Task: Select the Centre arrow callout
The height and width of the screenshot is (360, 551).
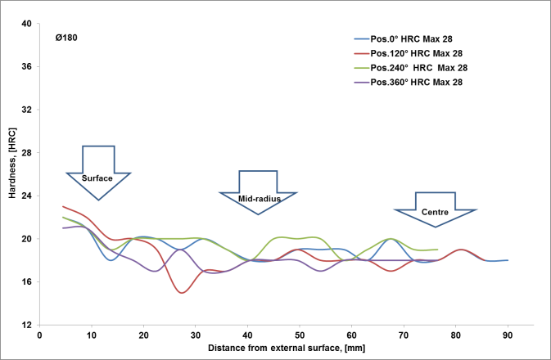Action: (435, 212)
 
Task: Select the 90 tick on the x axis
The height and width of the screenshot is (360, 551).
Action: (508, 335)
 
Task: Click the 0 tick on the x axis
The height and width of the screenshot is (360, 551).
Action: (39, 335)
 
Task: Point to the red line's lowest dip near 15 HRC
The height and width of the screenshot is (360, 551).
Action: (182, 292)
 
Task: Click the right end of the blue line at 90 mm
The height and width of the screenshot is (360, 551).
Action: (508, 260)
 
